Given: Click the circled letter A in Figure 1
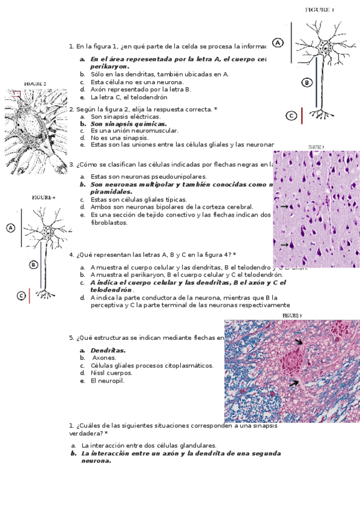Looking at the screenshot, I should point(278,43).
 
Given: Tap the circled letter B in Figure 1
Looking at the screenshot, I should point(307,82).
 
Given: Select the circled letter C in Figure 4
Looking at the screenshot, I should point(21,295).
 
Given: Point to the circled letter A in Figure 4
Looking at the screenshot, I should point(10,227).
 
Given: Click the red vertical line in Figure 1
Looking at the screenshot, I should point(302,115).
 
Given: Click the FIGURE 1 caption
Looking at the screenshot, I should point(320,10).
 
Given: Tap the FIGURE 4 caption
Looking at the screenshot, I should point(43,197).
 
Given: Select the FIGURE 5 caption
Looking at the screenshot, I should point(292,315).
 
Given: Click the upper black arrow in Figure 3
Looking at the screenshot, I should point(284,206).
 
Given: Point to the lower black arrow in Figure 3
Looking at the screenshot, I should point(284,244).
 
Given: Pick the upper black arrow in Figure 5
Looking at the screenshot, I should point(299,341).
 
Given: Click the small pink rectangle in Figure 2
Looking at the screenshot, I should point(16,94).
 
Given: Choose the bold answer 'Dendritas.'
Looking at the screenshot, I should point(108,350).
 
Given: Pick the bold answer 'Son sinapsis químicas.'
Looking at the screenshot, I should point(128,123).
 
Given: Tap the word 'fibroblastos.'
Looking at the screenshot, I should point(109,222).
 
